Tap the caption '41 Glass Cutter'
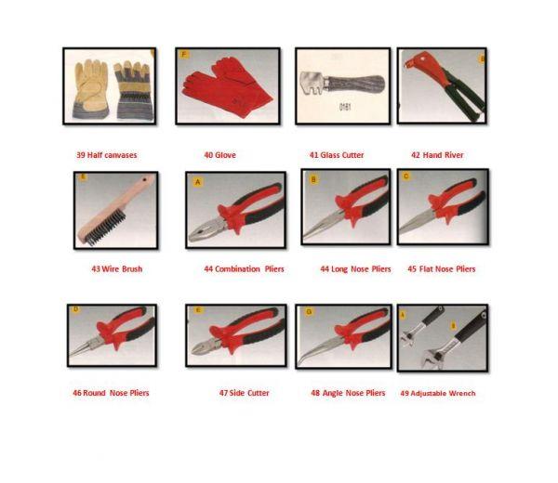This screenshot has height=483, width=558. point(337,155)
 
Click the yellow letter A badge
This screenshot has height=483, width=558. point(198,182)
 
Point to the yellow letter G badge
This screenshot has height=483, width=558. point(309,312)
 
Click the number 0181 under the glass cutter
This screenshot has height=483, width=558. point(345,107)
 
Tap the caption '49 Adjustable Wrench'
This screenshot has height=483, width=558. point(438,393)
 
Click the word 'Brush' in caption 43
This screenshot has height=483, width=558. point(132,269)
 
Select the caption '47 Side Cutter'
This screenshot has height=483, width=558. point(244,393)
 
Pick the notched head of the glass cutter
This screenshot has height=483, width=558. point(312,84)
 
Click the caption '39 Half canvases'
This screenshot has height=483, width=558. point(107,155)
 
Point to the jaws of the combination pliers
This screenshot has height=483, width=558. point(206,230)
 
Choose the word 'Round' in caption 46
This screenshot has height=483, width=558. point(94,393)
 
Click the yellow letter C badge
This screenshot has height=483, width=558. point(406,176)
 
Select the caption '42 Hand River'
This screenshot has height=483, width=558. point(437,155)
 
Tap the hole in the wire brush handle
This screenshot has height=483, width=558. point(144,180)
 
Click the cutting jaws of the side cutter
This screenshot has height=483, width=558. point(205,346)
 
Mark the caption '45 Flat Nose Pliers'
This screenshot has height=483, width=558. point(441,269)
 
